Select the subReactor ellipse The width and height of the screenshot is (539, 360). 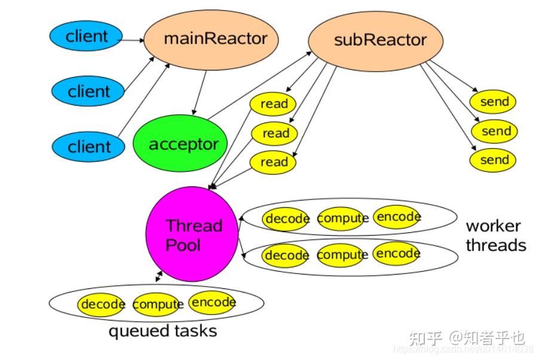pyautogui.click(x=375, y=40)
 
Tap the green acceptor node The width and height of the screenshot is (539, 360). pyautogui.click(x=180, y=144)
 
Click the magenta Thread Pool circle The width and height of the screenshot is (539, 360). pyautogui.click(x=192, y=235)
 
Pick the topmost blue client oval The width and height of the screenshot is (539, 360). pyautogui.click(x=86, y=36)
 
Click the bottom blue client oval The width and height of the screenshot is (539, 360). pyautogui.click(x=89, y=146)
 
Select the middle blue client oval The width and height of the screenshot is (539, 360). pyautogui.click(x=88, y=92)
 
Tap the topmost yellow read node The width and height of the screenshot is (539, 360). pyautogui.click(x=273, y=104)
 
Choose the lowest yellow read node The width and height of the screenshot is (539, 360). pyautogui.click(x=273, y=162)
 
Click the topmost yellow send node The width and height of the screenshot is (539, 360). pyautogui.click(x=493, y=102)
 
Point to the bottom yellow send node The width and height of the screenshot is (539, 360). pyautogui.click(x=493, y=160)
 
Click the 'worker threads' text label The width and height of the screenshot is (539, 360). pyautogui.click(x=495, y=236)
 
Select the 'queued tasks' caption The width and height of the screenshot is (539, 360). pyautogui.click(x=163, y=331)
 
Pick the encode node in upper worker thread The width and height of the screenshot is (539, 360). pyautogui.click(x=397, y=217)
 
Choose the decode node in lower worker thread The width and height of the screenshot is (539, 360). pyautogui.click(x=286, y=256)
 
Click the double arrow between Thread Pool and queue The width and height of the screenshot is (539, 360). pyautogui.click(x=158, y=276)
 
